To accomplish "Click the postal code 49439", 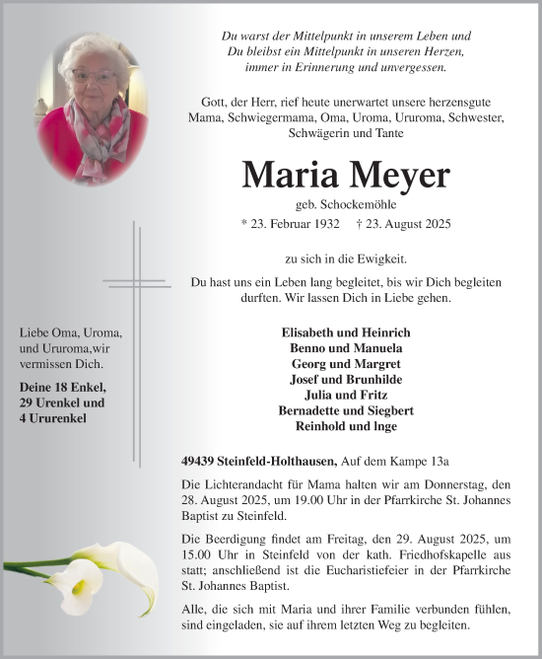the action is (x=200, y=461).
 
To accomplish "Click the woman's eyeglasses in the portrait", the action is (x=96, y=75).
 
